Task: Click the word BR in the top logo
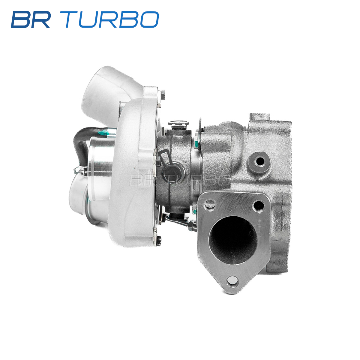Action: (31, 19)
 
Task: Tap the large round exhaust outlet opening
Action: (233, 240)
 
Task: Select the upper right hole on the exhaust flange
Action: (259, 206)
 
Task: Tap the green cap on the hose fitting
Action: (103, 133)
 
